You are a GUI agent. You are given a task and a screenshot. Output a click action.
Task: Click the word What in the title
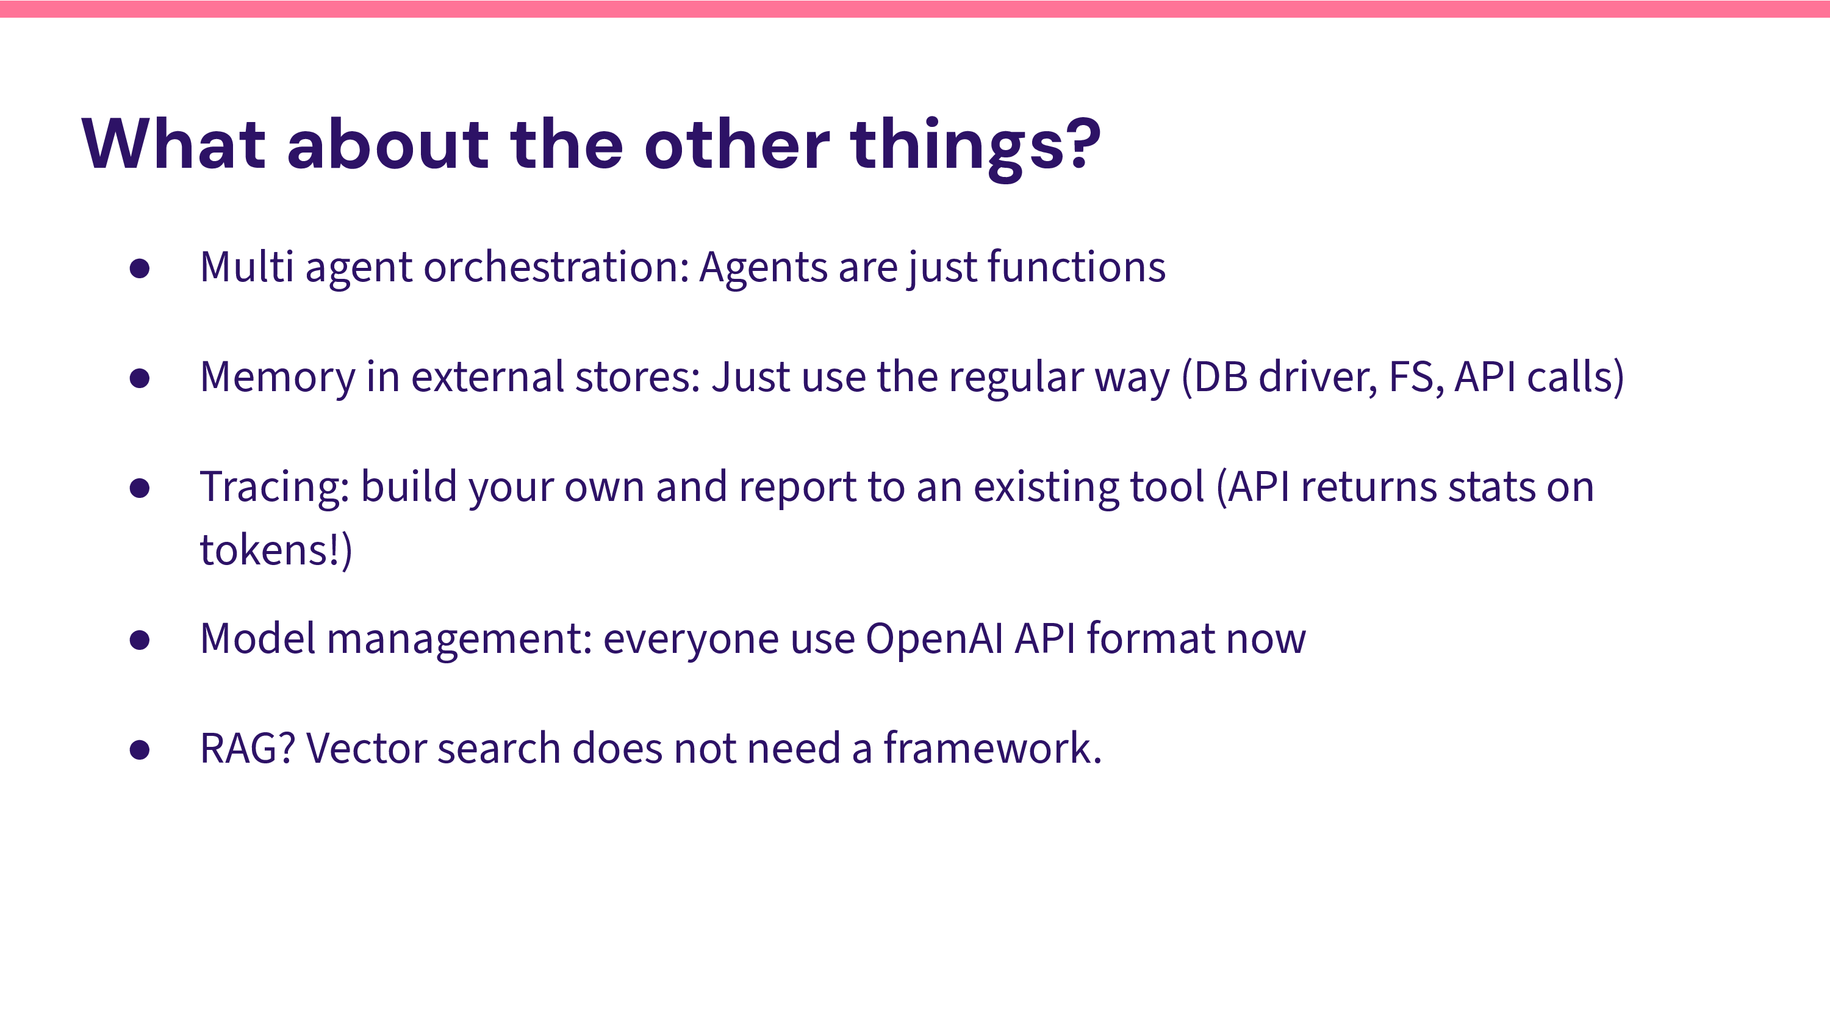174,144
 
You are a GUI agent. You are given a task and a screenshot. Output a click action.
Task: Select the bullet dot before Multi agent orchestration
140,268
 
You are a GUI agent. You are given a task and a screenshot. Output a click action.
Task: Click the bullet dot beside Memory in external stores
140,378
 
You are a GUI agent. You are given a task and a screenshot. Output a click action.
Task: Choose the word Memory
278,378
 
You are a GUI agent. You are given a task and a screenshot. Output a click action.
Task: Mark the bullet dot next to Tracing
140,488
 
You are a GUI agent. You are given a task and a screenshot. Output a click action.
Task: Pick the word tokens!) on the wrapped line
276,550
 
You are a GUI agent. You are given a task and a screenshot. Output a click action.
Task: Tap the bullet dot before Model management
140,639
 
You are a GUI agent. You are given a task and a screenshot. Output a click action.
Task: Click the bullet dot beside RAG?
140,750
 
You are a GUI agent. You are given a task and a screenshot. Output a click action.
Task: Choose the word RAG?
248,749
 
